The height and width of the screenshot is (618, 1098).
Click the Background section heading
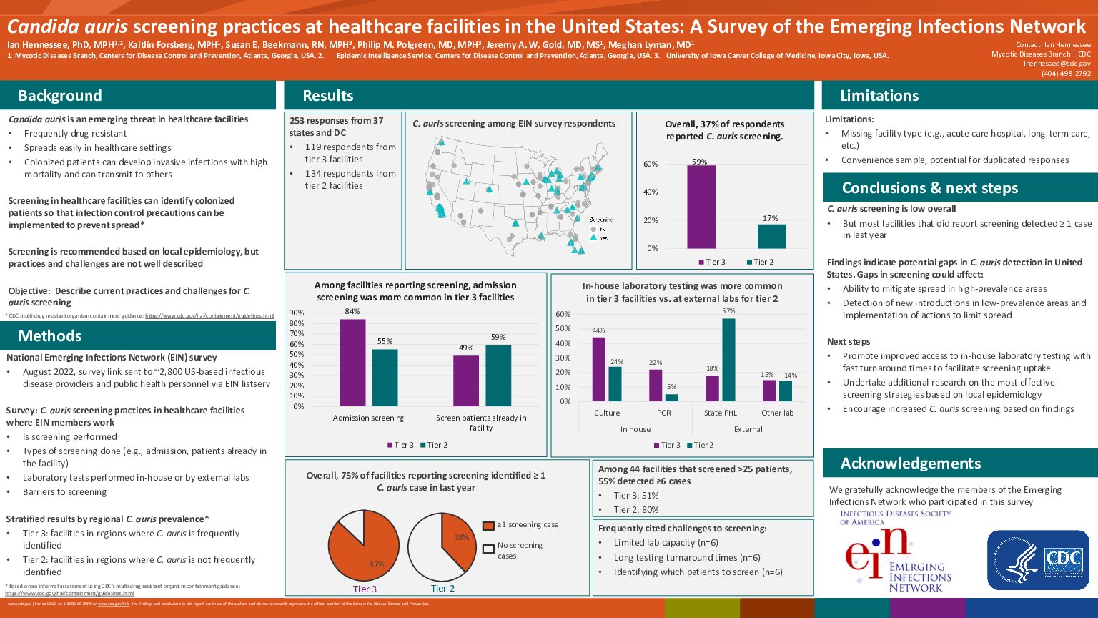[60, 96]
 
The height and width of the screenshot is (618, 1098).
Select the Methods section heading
[50, 336]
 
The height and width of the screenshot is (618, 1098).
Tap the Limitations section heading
[879, 96]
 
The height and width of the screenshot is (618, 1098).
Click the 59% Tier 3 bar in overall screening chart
[701, 207]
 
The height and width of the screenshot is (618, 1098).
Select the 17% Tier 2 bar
[771, 236]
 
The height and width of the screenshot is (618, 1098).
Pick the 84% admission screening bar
[352, 363]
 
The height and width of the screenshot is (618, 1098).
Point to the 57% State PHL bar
[728, 360]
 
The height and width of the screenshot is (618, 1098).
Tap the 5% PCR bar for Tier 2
[672, 398]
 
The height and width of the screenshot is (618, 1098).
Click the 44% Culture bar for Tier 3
[599, 369]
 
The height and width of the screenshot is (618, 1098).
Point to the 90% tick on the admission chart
[297, 313]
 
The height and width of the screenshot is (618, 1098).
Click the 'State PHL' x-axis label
[720, 413]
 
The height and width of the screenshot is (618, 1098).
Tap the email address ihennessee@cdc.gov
[1057, 64]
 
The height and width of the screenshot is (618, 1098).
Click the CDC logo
[1038, 560]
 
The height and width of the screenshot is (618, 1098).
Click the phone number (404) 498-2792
[1066, 73]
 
